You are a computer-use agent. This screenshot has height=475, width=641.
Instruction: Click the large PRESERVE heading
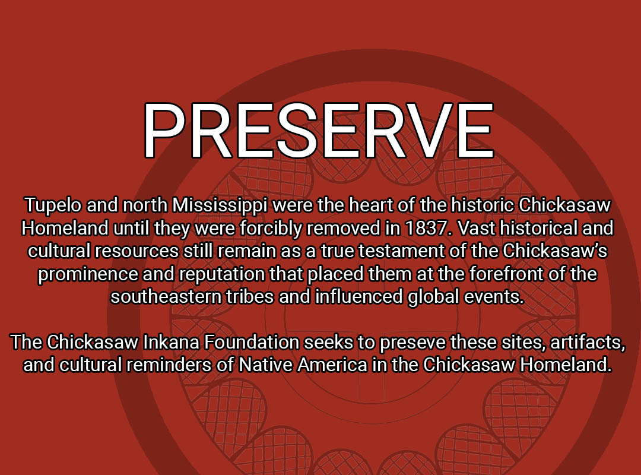point(319,130)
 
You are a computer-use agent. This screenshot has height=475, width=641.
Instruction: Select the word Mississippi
point(220,205)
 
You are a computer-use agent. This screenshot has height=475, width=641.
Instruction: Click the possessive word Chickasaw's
point(555,251)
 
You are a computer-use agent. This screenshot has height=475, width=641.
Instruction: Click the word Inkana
point(171,343)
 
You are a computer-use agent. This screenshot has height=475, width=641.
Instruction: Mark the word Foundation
point(252,343)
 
